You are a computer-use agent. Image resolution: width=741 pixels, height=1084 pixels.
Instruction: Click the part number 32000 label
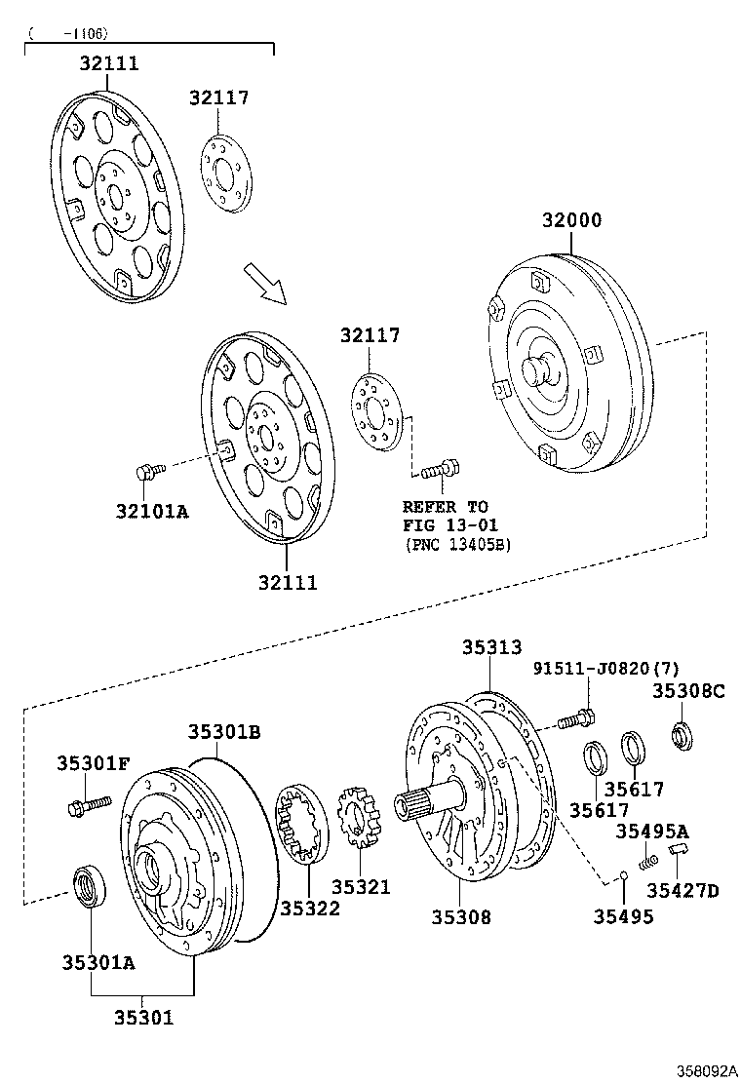[x=572, y=220]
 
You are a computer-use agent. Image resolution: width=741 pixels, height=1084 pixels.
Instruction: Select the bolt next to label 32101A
[x=148, y=472]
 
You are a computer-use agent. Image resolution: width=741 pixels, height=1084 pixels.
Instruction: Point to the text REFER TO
[x=446, y=507]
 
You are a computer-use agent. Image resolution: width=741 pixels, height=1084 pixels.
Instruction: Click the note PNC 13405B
[x=456, y=544]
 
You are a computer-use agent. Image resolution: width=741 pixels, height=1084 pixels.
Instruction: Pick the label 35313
[x=491, y=647]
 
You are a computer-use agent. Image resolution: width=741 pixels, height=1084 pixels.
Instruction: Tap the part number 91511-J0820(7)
[x=605, y=669]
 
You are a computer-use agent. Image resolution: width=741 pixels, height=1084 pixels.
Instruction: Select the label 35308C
[x=688, y=691]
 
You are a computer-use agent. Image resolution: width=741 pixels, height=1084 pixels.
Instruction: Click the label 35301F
[x=93, y=763]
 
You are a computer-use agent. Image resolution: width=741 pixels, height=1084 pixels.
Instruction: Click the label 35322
[x=310, y=908]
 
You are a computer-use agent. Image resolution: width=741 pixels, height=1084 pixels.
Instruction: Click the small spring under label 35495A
[x=646, y=862]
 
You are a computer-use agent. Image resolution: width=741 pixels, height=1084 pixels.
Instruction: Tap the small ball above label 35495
[x=621, y=875]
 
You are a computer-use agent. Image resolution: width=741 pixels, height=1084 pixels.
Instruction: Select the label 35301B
[x=224, y=731]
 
